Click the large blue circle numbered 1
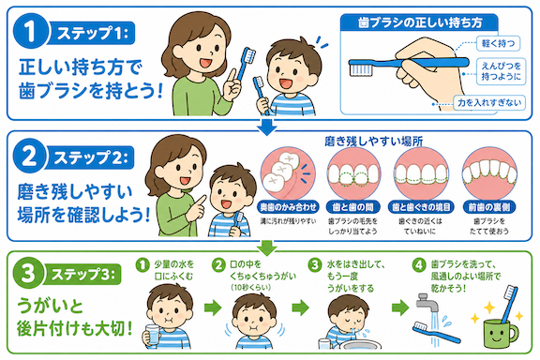[x=30, y=31]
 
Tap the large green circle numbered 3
[x=28, y=274]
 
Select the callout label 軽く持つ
[x=499, y=43]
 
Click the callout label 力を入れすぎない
[x=489, y=103]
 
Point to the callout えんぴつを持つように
[x=501, y=71]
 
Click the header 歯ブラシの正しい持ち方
[x=419, y=22]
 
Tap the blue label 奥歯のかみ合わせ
[x=288, y=207]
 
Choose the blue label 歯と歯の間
[x=352, y=207]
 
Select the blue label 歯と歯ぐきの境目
[x=421, y=207]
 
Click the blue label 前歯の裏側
[x=489, y=207]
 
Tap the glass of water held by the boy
[x=153, y=335]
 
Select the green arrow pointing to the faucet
[x=400, y=307]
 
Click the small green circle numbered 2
[x=218, y=265]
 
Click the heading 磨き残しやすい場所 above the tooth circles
[x=374, y=142]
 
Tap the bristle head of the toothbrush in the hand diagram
[x=361, y=67]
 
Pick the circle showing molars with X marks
[x=288, y=173]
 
